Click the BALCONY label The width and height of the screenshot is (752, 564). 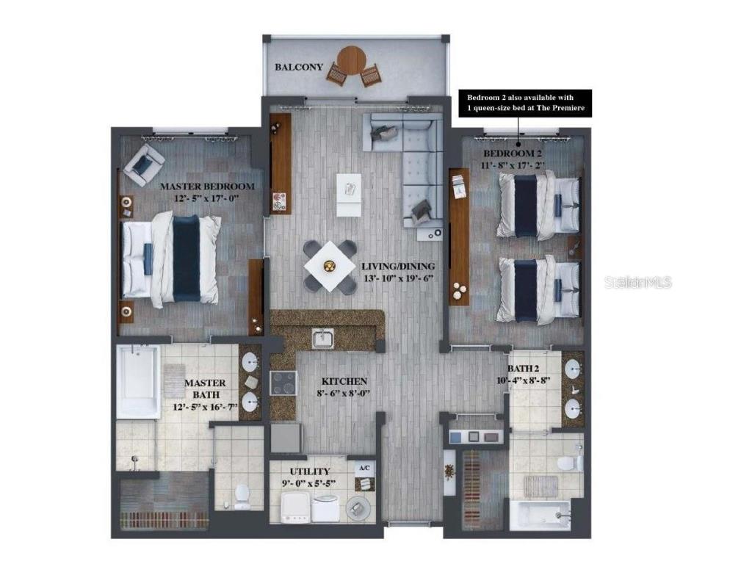pos(299,67)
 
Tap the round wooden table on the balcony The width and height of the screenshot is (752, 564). pos(351,61)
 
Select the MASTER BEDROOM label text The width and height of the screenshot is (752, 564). pos(207,187)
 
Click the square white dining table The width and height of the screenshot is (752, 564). pos(330,266)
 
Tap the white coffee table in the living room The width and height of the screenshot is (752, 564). pos(349,195)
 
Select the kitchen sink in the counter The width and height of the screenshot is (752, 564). pos(323,339)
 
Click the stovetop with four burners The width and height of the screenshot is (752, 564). pos(283,383)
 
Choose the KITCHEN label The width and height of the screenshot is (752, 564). pos(344,382)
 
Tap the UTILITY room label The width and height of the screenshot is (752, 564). pos(309,472)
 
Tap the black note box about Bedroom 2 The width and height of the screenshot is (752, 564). pos(525,103)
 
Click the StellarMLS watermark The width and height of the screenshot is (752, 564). pos(638,283)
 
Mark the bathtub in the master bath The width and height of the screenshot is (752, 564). pos(138,382)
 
